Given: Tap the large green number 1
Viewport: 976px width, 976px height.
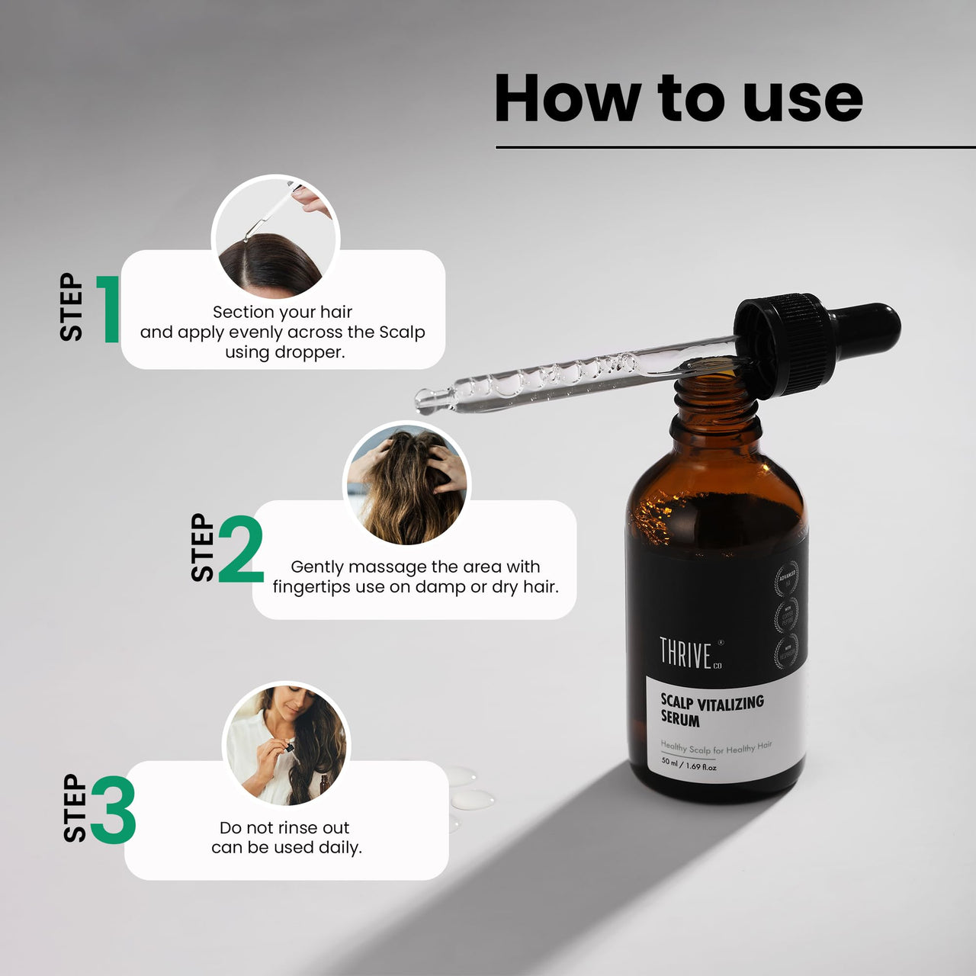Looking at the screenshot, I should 109,310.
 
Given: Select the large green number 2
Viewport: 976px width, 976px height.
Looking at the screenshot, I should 241,549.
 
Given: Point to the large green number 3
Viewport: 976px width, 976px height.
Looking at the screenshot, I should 114,810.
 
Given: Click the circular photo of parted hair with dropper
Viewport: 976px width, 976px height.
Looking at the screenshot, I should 275,237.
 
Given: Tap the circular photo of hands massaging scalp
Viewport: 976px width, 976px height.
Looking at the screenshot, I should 406,483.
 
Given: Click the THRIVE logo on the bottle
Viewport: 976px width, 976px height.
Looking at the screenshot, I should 685,654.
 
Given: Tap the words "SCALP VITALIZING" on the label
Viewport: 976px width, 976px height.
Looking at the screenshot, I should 711,702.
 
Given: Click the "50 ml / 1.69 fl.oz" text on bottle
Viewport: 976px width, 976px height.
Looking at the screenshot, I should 689,764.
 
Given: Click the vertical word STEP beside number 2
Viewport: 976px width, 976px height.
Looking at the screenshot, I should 203,547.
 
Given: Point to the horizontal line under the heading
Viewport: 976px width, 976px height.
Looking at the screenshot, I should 732,147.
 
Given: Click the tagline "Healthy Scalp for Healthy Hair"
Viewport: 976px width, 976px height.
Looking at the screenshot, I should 716,748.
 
